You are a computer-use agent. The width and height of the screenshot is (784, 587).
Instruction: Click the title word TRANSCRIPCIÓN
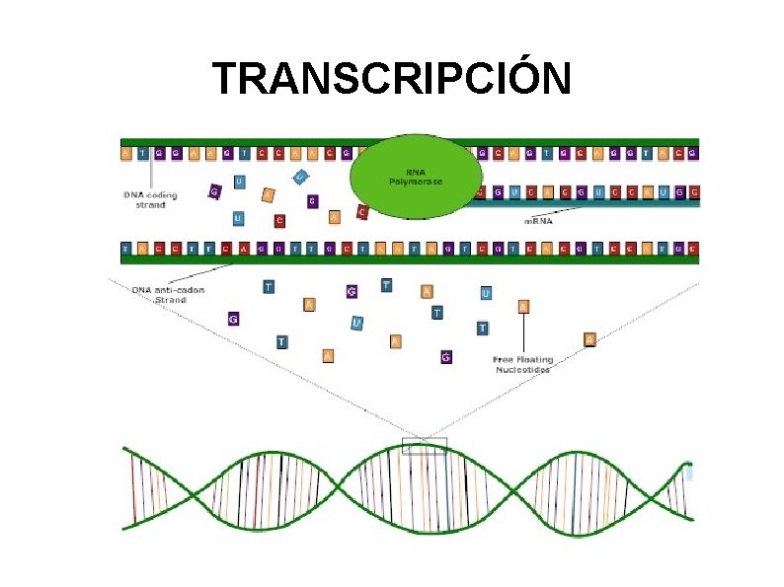click(x=392, y=79)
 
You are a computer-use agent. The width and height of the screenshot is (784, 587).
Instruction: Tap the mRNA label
click(x=538, y=221)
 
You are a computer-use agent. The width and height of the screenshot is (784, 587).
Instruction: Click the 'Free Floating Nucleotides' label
click(x=522, y=364)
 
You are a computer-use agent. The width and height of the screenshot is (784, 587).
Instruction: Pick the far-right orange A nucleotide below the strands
click(x=589, y=339)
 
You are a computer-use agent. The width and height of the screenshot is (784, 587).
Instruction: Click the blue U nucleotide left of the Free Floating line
click(x=486, y=293)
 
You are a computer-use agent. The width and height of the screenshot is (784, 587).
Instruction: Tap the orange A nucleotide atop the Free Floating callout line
click(x=523, y=306)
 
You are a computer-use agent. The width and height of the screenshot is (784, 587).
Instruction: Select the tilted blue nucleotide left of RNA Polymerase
click(x=300, y=177)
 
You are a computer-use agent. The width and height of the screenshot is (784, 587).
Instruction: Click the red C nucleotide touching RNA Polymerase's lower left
click(x=362, y=212)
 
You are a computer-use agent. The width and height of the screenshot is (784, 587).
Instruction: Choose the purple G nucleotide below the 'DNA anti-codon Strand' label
click(x=233, y=319)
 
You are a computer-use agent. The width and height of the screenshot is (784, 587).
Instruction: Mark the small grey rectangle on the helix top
click(x=425, y=445)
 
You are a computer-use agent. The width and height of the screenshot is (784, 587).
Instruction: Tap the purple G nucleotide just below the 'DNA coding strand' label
click(x=213, y=190)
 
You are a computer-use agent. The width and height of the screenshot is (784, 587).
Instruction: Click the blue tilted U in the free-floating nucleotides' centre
click(x=357, y=323)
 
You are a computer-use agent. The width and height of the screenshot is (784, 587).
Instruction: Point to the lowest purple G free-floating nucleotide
click(x=445, y=356)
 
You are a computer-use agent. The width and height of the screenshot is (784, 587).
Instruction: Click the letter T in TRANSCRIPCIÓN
click(x=227, y=79)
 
